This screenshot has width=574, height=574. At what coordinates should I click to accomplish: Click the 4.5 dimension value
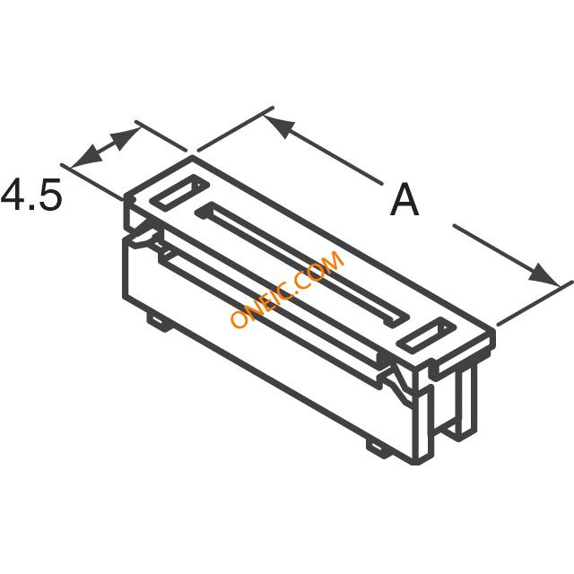pos(30,195)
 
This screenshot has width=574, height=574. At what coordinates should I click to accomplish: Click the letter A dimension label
pos(404,200)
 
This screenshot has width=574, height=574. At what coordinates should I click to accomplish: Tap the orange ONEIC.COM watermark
pos(287,289)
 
